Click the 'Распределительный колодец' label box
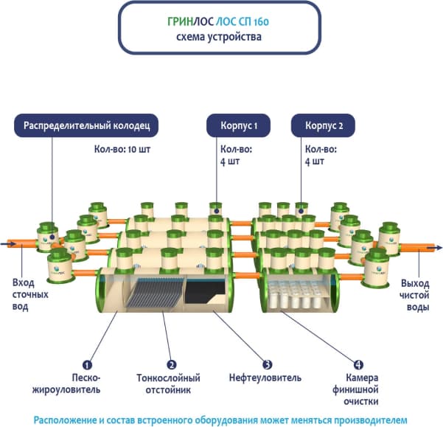click(87, 126)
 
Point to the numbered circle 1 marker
click(87, 364)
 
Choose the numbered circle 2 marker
click(171, 364)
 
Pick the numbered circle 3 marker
click(268, 364)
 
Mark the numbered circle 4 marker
click(358, 364)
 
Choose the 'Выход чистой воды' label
click(415, 295)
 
